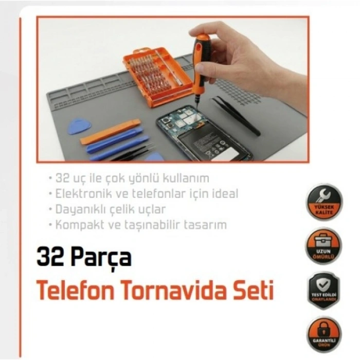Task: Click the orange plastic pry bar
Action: [110, 131]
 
